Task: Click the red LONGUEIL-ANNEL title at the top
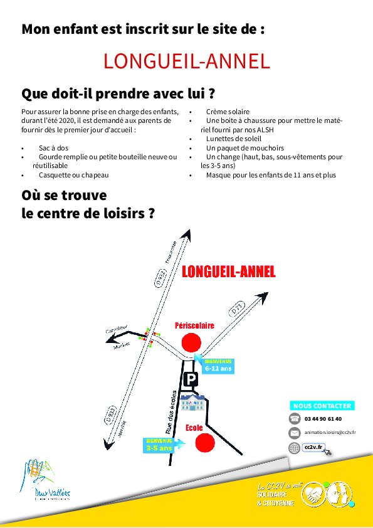[187, 61]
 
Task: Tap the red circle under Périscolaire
[192, 342]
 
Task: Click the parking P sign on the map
[191, 379]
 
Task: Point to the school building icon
[192, 402]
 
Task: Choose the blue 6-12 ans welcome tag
[216, 366]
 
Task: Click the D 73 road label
[236, 309]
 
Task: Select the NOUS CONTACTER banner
[322, 406]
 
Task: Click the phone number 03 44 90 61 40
[323, 419]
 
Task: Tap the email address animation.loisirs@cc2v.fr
[330, 433]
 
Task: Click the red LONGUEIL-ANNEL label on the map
[229, 272]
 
